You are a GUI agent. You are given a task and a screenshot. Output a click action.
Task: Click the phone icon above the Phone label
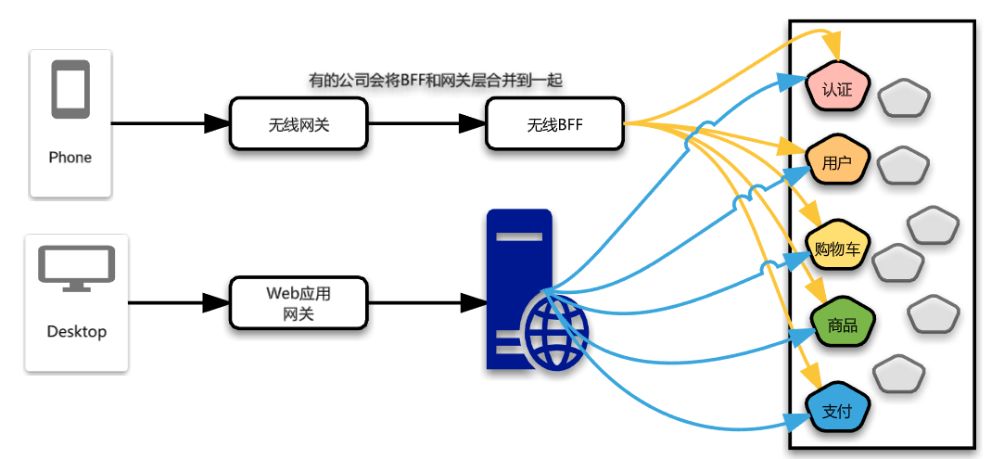(x=70, y=89)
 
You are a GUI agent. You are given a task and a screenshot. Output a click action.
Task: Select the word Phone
(x=70, y=158)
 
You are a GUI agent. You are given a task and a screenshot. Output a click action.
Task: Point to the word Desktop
(x=76, y=331)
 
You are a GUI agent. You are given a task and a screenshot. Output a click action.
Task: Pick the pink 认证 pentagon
(x=837, y=89)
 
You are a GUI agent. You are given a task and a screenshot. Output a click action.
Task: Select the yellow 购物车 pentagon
(x=837, y=249)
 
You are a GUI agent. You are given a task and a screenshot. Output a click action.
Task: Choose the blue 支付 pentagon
(x=836, y=411)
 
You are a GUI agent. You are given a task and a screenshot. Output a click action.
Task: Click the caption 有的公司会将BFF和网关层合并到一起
(x=436, y=81)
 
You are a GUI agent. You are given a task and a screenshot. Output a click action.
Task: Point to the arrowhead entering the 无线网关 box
(x=218, y=123)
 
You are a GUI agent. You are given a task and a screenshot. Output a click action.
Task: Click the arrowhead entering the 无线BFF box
(x=474, y=123)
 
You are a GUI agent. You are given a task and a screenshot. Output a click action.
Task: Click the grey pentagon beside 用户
(x=903, y=166)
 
